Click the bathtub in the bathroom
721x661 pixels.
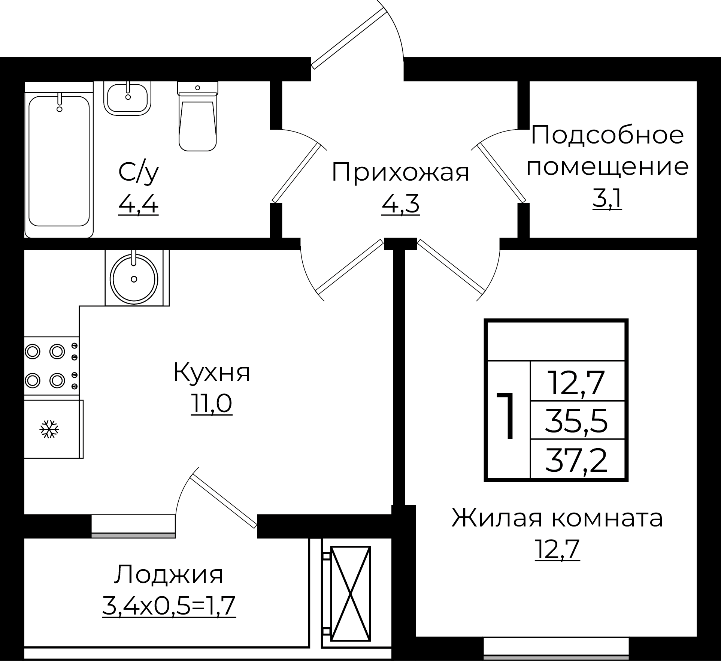click(x=59, y=161)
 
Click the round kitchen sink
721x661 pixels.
click(x=134, y=279)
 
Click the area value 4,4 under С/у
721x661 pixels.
click(x=138, y=205)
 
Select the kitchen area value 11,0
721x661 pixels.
click(x=211, y=404)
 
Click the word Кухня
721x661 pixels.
click(x=211, y=372)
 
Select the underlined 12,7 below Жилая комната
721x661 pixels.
click(x=557, y=550)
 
